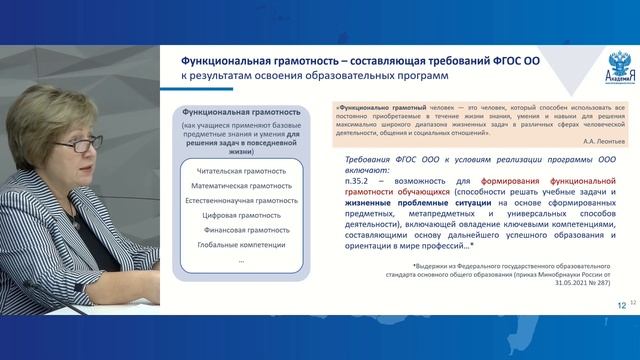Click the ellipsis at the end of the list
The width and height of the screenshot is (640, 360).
241,259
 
